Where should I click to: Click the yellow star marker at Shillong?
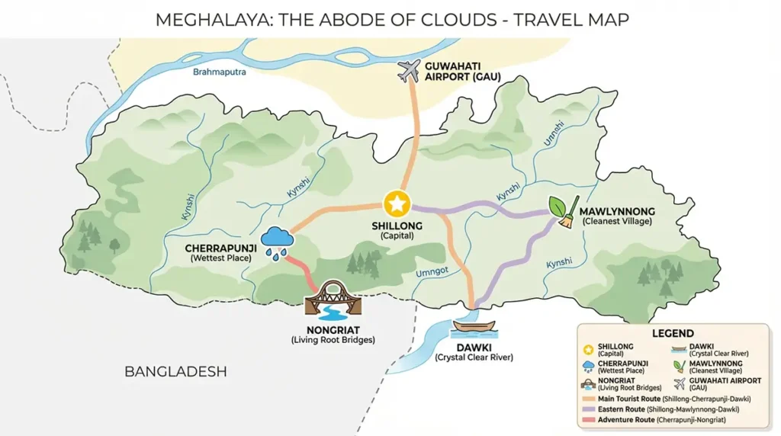point(396,204)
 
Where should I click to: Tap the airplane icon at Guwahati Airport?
point(410,72)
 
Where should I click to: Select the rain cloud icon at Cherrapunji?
point(278,240)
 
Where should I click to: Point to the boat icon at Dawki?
point(474,328)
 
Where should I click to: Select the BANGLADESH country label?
point(175,372)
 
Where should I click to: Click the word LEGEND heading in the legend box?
point(673,333)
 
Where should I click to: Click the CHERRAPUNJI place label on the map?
point(220,248)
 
